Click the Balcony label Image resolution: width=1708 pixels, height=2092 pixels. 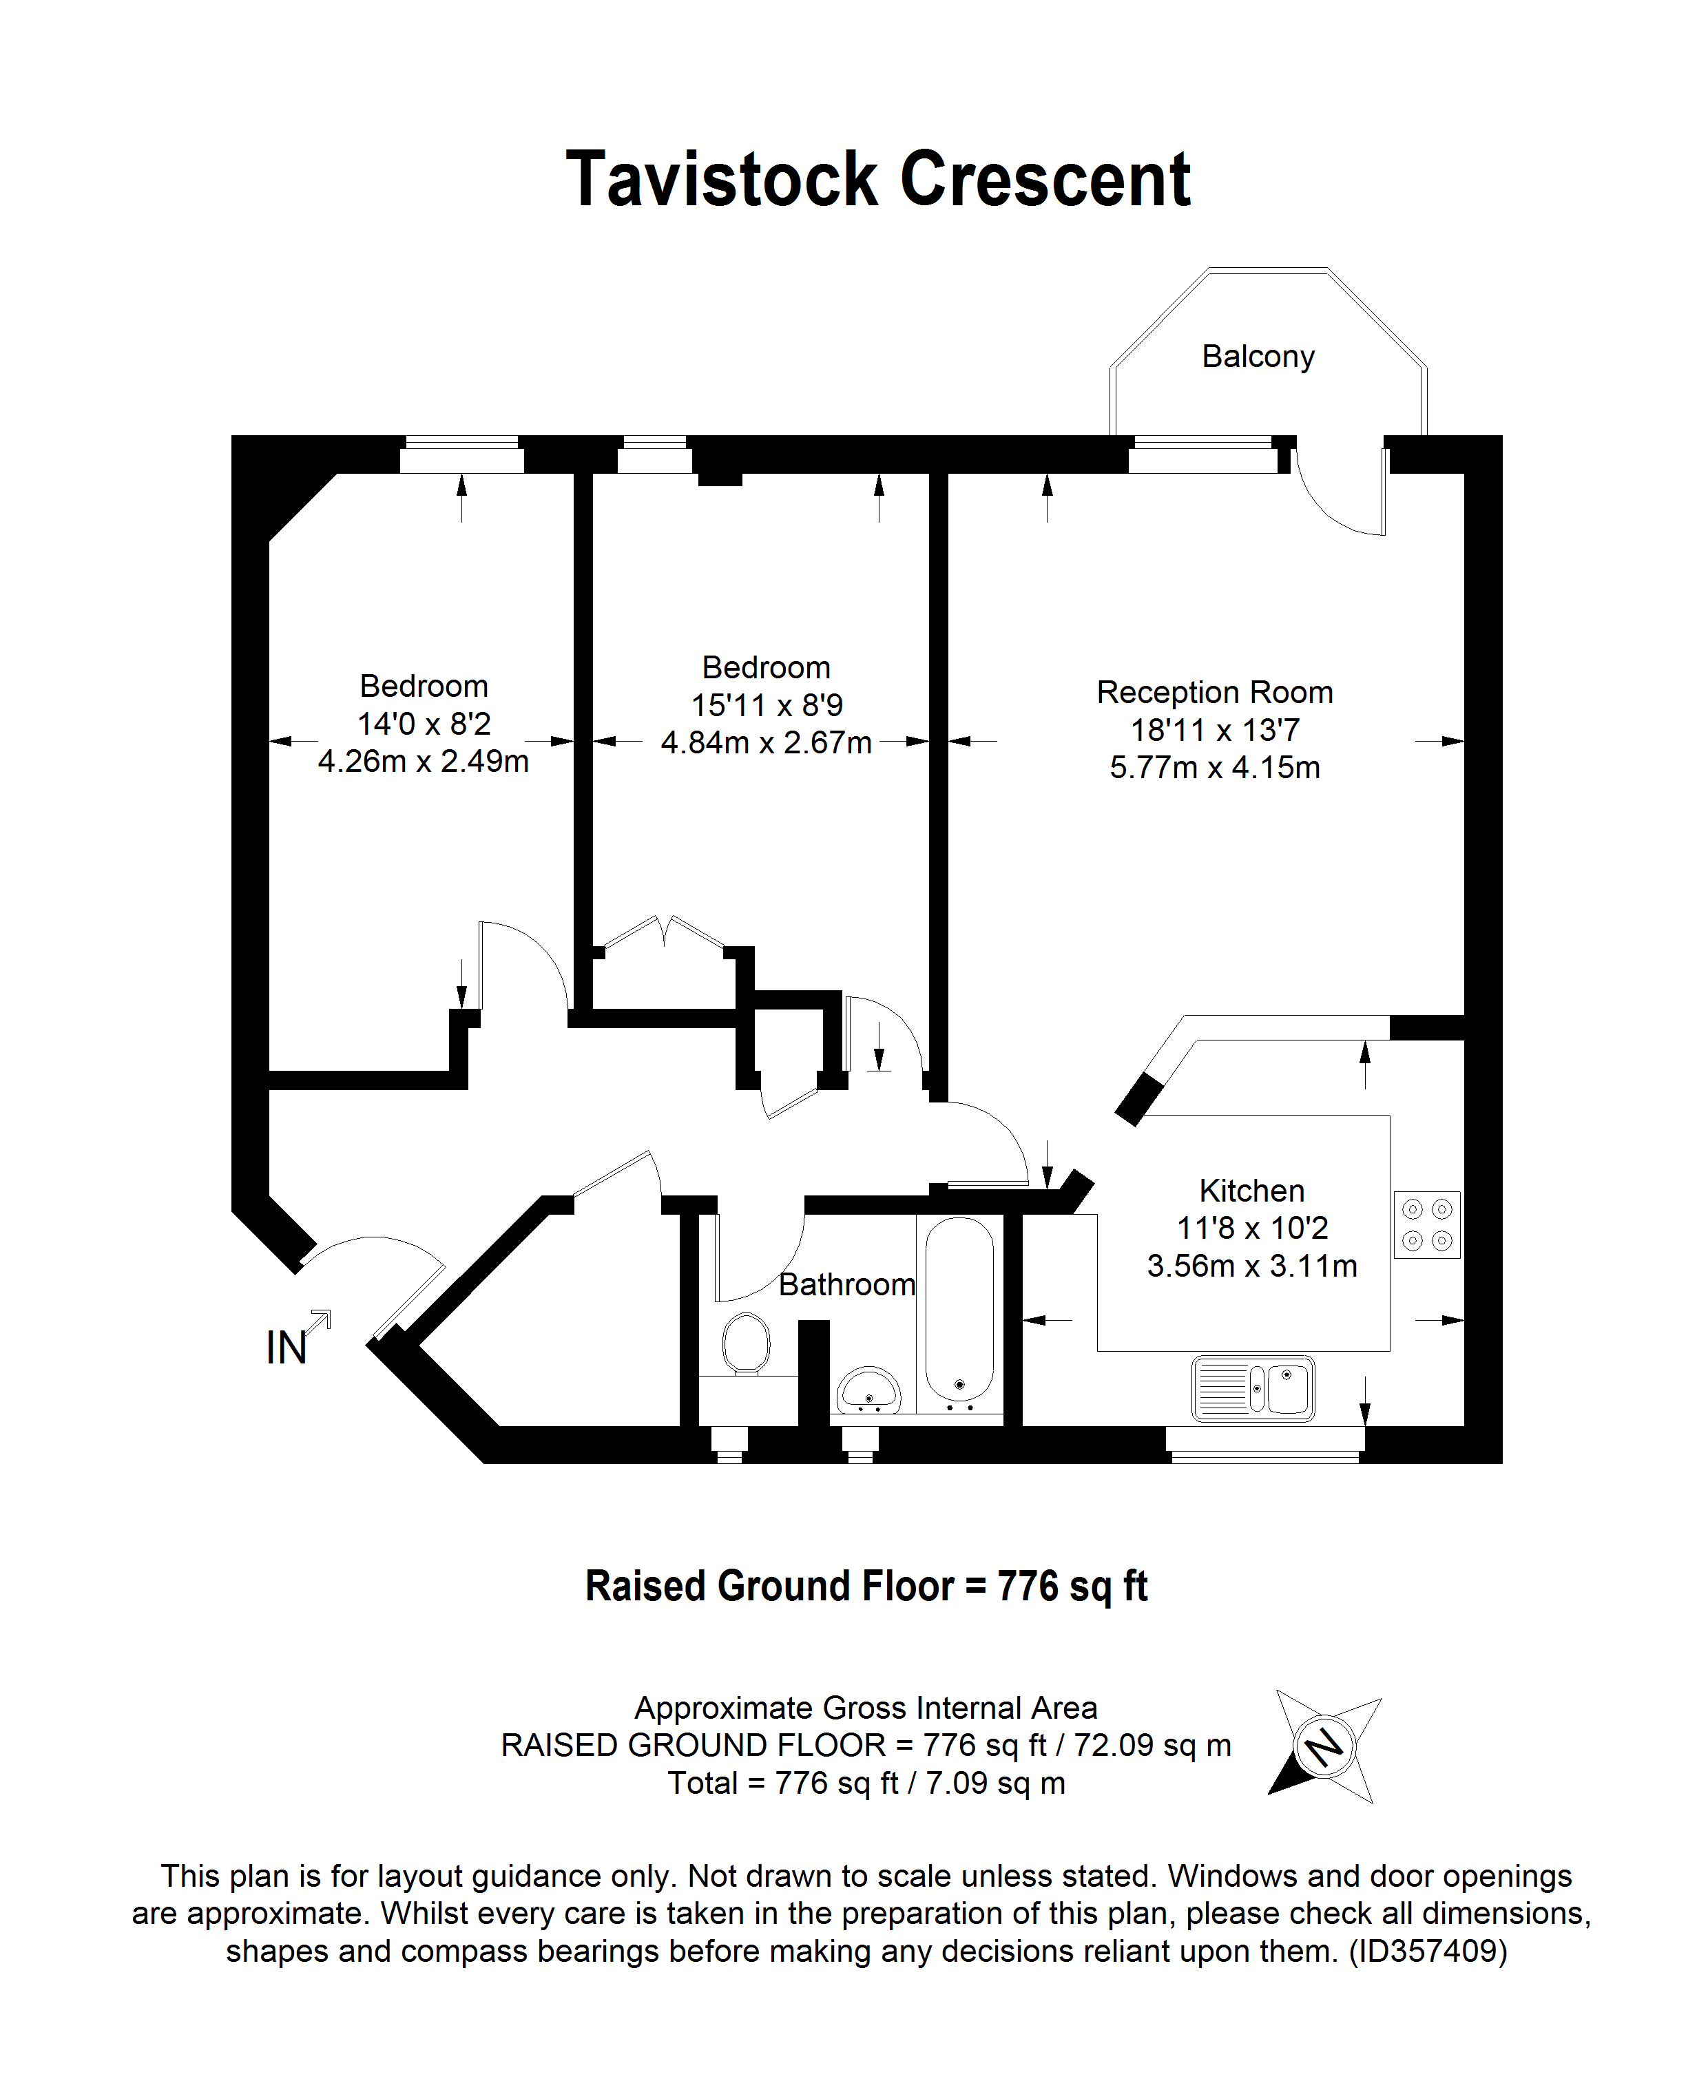point(1258,356)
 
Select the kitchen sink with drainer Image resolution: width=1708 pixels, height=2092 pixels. point(1253,1389)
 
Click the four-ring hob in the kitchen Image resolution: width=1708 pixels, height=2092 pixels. point(1426,1224)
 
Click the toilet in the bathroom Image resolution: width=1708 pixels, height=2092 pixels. point(746,1343)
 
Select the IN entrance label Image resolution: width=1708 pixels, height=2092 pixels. point(287,1348)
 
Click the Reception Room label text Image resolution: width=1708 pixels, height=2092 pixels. point(1214,693)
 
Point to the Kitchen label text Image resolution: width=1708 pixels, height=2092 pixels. point(1251,1191)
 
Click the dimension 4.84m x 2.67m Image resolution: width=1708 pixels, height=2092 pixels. point(765,742)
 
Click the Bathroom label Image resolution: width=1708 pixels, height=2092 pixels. point(846,1284)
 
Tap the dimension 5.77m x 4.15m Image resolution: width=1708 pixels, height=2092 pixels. point(1214,767)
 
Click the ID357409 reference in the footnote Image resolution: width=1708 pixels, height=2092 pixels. point(1426,1950)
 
